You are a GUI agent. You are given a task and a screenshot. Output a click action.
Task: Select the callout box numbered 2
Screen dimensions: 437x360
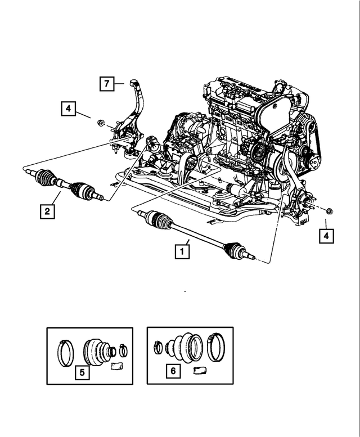coord(47,211)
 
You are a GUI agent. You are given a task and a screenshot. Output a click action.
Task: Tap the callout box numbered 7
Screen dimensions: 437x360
coord(106,84)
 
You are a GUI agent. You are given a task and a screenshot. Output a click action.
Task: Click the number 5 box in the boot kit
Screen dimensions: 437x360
coord(82,372)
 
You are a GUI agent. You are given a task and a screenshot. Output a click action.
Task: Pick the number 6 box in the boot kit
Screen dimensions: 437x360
coord(173,371)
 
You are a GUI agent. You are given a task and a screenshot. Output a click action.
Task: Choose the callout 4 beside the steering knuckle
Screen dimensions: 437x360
coord(67,108)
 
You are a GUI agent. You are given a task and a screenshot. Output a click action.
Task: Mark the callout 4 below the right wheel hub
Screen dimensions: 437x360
coord(326,236)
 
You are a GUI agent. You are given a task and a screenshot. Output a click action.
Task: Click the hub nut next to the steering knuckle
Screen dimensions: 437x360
coord(100,122)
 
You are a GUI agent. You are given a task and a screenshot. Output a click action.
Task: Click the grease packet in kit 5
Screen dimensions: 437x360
coord(117,367)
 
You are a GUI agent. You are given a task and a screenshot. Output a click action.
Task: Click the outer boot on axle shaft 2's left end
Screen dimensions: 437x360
coord(43,178)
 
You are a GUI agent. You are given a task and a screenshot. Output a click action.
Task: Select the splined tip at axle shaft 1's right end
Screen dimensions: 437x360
coord(253,257)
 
